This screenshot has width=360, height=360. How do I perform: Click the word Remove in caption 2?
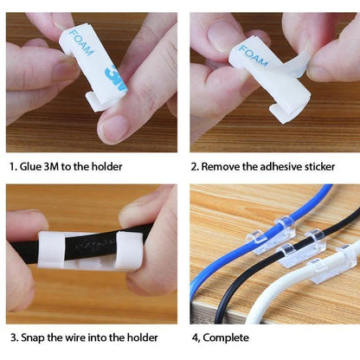click(x=227, y=166)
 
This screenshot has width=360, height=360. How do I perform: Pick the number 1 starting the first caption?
click(x=12, y=166)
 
